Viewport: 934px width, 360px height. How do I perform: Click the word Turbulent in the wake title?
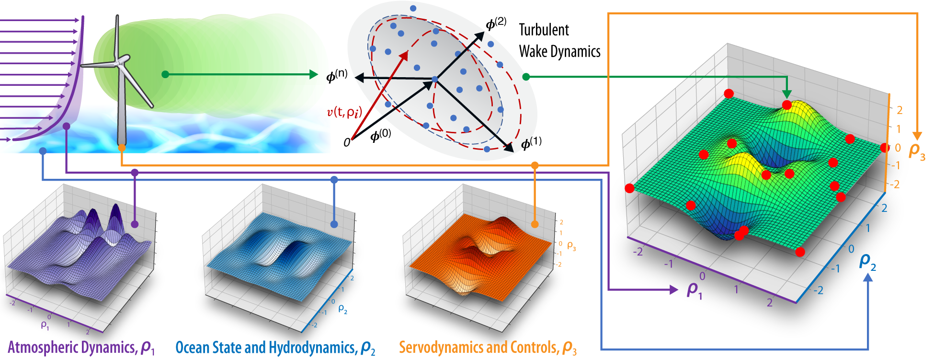tap(544, 30)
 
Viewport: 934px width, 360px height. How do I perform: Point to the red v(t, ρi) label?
tap(344, 112)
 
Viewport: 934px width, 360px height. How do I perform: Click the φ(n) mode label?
tap(337, 76)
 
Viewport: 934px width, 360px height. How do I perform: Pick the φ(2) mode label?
tap(496, 23)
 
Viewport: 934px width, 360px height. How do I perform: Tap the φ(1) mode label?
tap(531, 143)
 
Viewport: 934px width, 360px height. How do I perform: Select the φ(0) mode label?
tap(381, 135)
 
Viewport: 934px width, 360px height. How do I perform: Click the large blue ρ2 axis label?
tap(867, 262)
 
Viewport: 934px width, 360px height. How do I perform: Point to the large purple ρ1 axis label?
tap(694, 290)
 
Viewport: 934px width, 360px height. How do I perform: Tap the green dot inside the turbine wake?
tap(165, 74)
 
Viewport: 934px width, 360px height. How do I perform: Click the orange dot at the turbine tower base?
tap(122, 148)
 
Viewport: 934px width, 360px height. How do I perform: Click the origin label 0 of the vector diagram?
tap(347, 142)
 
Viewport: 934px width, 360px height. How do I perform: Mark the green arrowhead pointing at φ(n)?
tap(314, 74)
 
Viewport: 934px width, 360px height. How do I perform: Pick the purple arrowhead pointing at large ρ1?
tap(674, 290)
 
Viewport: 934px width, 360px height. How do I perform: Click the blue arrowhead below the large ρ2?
tap(867, 277)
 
